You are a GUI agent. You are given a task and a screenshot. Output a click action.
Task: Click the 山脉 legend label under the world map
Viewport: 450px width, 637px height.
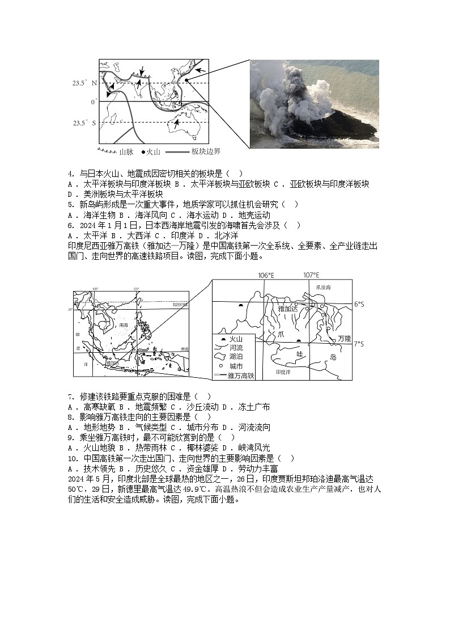click(126, 151)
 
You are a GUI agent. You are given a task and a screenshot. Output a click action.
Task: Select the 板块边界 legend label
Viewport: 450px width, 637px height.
click(206, 151)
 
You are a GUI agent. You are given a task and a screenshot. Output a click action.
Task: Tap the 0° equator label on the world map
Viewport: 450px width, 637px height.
click(94, 102)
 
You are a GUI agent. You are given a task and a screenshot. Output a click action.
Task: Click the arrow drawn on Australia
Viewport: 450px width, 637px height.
click(177, 123)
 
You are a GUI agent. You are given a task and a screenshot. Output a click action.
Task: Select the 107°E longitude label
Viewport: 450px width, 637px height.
click(311, 275)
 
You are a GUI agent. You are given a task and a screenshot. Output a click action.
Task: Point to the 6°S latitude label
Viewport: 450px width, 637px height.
click(359, 305)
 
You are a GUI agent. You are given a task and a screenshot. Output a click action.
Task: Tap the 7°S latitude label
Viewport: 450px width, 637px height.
click(359, 344)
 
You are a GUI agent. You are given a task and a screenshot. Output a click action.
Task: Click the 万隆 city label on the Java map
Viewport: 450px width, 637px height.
click(344, 338)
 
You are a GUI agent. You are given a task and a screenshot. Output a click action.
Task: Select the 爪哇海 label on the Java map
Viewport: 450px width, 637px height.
click(323, 288)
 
